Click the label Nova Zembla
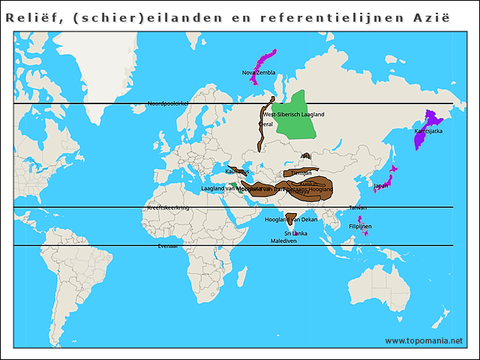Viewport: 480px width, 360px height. (x=259, y=73)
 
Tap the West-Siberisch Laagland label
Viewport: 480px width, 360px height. (x=294, y=115)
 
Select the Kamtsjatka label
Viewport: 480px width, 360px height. (x=428, y=131)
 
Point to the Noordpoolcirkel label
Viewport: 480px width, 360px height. (x=166, y=103)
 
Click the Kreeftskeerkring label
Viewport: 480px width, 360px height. (x=169, y=207)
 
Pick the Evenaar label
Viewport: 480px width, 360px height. (x=168, y=245)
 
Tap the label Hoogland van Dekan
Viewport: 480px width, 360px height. (x=292, y=220)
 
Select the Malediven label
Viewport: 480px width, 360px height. (x=284, y=241)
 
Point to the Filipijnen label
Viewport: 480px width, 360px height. (x=360, y=226)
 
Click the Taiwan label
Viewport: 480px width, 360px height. (x=358, y=207)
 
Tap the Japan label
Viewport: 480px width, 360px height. (x=381, y=185)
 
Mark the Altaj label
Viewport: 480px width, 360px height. (x=305, y=156)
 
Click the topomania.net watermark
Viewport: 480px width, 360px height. (x=424, y=340)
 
